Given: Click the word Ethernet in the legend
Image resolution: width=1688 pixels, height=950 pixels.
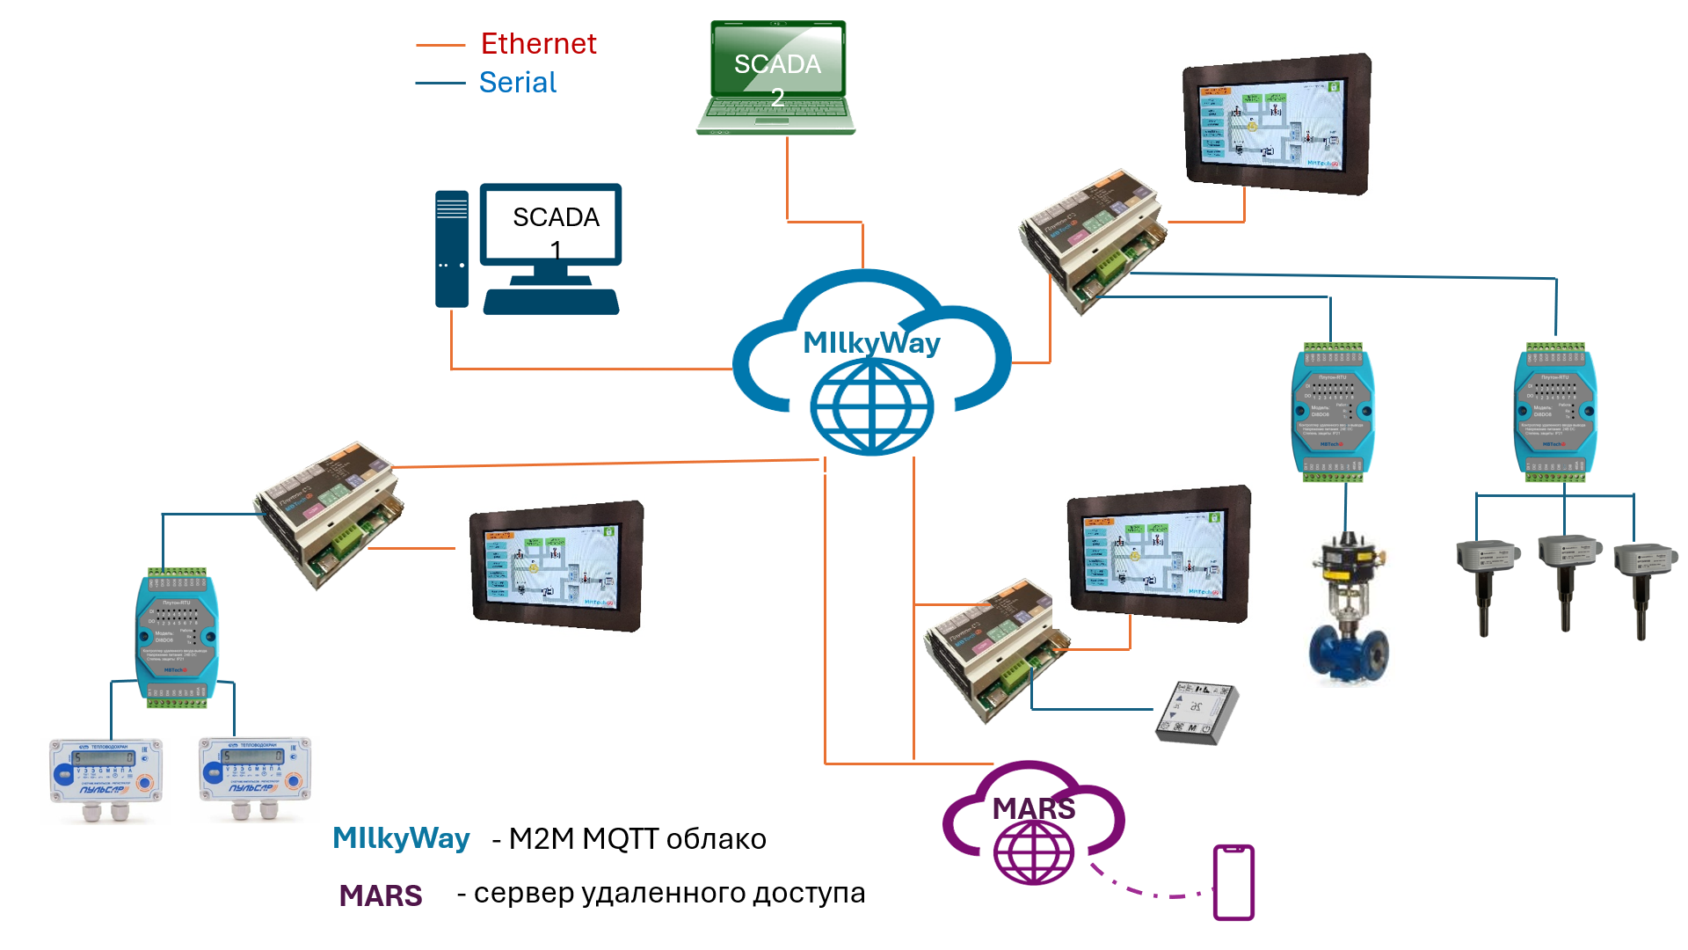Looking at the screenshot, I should [538, 44].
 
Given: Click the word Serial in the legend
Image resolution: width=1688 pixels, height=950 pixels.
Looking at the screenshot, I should [517, 83].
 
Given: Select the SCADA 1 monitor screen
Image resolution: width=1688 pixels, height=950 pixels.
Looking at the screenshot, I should [551, 223].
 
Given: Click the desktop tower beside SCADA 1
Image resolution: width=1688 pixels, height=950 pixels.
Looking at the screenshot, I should [452, 249].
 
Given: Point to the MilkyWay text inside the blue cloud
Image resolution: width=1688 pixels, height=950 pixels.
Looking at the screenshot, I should [871, 342].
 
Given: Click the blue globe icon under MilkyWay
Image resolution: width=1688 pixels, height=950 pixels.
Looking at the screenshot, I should [871, 406].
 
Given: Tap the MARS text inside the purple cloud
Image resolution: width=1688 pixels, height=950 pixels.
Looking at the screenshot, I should [1033, 808].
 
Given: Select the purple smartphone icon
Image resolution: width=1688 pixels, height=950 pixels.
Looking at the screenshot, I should [1233, 882].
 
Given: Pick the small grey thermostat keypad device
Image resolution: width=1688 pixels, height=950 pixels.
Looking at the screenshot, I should [1196, 712].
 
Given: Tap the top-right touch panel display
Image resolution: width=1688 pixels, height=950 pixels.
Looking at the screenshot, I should [1276, 123].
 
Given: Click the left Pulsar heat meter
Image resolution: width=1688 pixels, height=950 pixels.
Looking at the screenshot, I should [106, 773].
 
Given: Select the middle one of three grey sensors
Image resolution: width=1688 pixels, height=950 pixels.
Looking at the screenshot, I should [1567, 572].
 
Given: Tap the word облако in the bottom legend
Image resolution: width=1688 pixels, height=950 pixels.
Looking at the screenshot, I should [716, 839].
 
